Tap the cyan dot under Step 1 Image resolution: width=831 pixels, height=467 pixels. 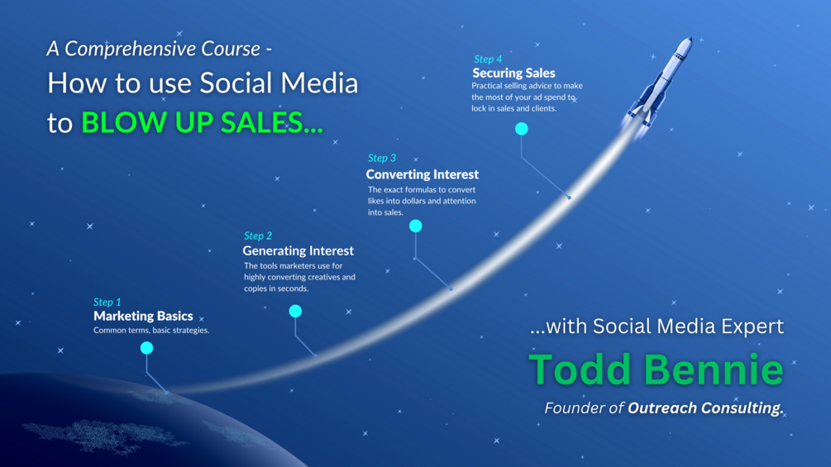pyautogui.click(x=147, y=348)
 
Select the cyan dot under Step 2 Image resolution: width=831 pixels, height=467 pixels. pyautogui.click(x=295, y=312)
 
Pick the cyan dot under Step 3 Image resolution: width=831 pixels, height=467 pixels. pyautogui.click(x=415, y=226)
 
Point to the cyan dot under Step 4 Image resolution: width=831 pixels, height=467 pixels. pyautogui.click(x=522, y=129)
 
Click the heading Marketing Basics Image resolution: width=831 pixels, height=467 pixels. pyautogui.click(x=143, y=316)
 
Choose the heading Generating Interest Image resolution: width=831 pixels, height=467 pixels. pyautogui.click(x=298, y=250)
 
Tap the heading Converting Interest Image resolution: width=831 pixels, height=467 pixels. pyautogui.click(x=423, y=174)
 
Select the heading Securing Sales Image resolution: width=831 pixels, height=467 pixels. pyautogui.click(x=513, y=73)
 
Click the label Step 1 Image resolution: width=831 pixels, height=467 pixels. pyautogui.click(x=107, y=303)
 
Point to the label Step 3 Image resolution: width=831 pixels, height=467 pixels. pyautogui.click(x=381, y=159)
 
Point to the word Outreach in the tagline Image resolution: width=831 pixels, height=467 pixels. pyautogui.click(x=662, y=408)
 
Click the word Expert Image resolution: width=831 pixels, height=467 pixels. pyautogui.click(x=753, y=326)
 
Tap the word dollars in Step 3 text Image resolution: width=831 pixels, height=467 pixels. pyautogui.click(x=414, y=201)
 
